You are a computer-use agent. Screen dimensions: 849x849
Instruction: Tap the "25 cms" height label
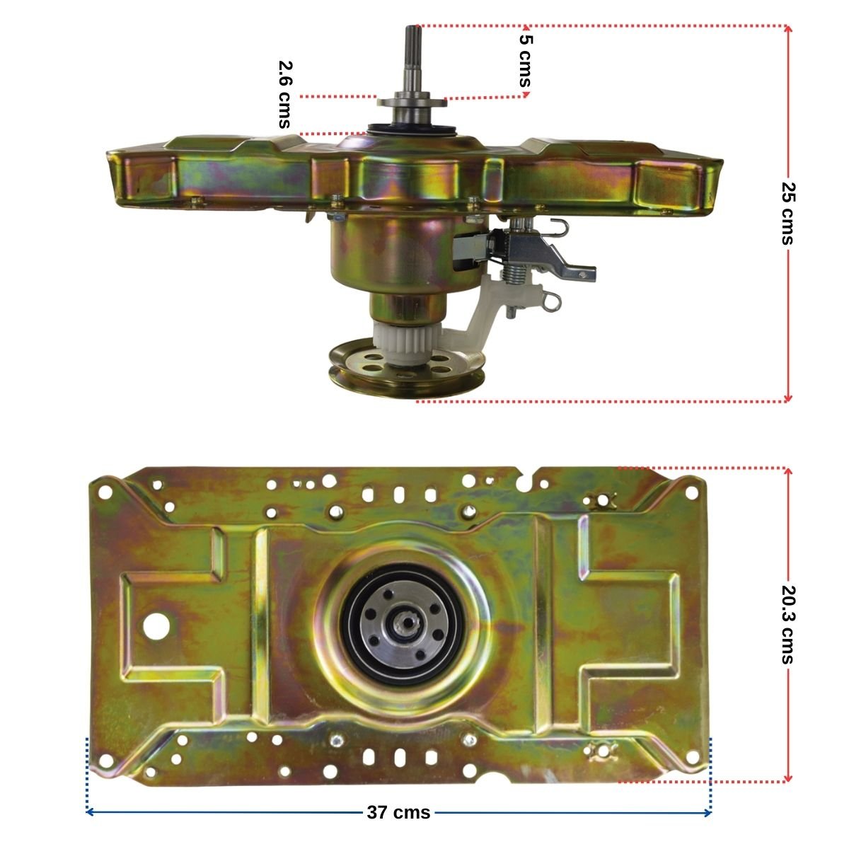click(x=787, y=213)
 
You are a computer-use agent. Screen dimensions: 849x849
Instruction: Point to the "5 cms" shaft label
click(x=526, y=61)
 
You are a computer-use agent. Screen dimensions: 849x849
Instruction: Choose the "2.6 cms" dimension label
click(x=285, y=94)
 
